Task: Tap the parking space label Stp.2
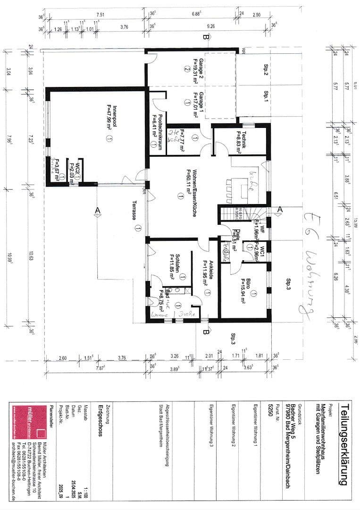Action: point(266,71)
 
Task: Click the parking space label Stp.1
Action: point(266,97)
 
